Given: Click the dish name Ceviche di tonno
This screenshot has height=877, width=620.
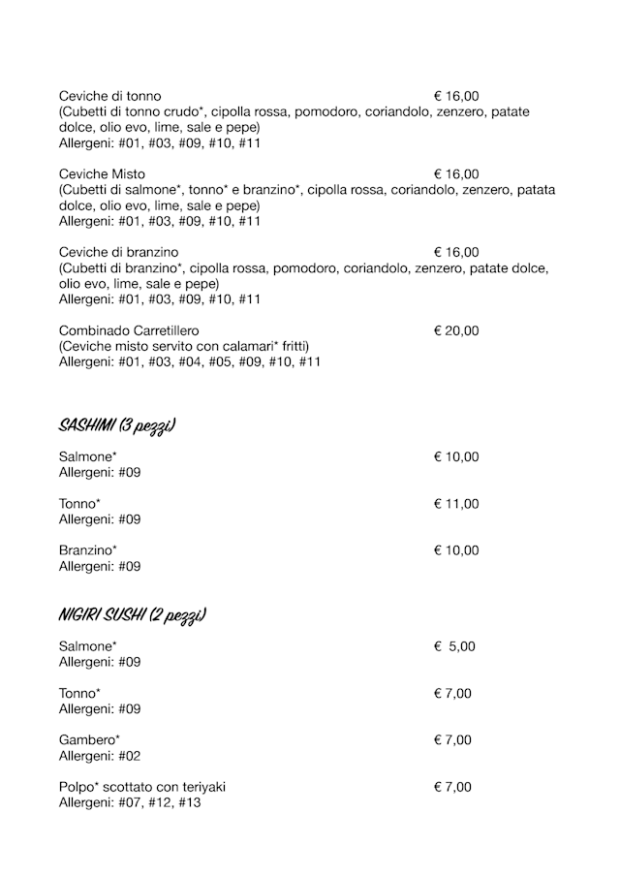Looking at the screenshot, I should [x=109, y=96].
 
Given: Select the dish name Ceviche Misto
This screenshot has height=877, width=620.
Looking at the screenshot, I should [x=102, y=174].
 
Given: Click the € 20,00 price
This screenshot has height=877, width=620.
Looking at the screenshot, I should [x=456, y=331].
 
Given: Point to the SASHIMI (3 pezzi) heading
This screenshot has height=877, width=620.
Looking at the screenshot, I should [x=117, y=426].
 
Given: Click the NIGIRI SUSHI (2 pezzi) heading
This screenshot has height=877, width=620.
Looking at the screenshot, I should [x=133, y=615].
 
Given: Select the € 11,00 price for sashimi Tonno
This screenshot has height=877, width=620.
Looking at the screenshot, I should [x=456, y=504].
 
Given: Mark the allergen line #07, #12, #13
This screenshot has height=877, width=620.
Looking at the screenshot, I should [x=130, y=802].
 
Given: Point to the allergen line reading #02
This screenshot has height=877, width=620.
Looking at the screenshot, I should [x=100, y=756].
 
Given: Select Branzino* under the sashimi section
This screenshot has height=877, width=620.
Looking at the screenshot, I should [x=87, y=550].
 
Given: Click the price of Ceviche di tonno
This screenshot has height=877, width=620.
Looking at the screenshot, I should [x=456, y=96].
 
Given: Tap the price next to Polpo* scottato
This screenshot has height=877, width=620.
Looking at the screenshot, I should [x=452, y=787].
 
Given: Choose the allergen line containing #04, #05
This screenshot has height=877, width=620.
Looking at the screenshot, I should [x=190, y=362].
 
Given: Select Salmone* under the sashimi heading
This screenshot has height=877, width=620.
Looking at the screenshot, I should [x=87, y=456].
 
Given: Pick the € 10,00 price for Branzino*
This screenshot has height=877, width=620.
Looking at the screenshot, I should [x=456, y=550].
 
